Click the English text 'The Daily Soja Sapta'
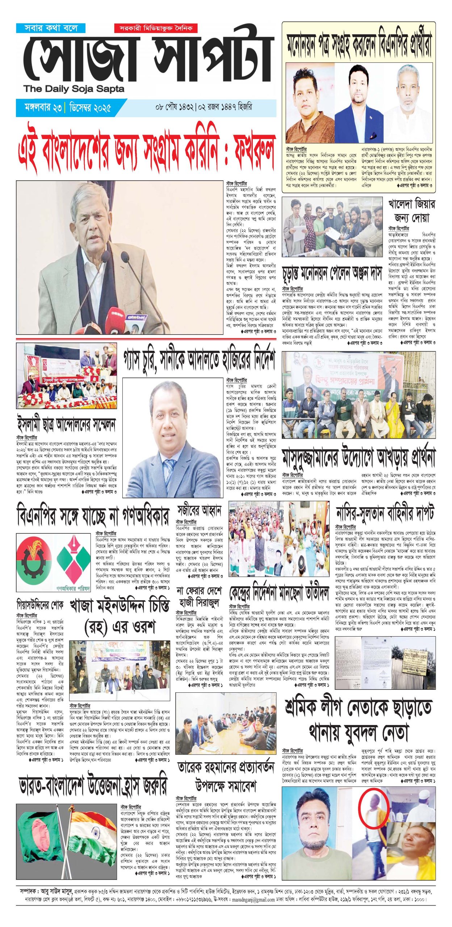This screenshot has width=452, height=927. [x=74, y=89]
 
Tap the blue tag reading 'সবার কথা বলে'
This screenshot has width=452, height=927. [x=51, y=28]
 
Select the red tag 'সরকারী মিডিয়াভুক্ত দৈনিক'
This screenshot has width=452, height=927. [x=156, y=28]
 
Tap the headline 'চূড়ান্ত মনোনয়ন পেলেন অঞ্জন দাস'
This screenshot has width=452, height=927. [x=332, y=275]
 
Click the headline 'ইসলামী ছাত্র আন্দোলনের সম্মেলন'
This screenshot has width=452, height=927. [x=66, y=424]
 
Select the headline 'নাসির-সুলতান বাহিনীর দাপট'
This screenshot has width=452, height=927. [x=385, y=513]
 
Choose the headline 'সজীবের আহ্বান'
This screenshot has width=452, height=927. [x=199, y=511]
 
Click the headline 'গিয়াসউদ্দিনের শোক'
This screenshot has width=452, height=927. [x=40, y=604]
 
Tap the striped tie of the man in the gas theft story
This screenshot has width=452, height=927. [x=169, y=471]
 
